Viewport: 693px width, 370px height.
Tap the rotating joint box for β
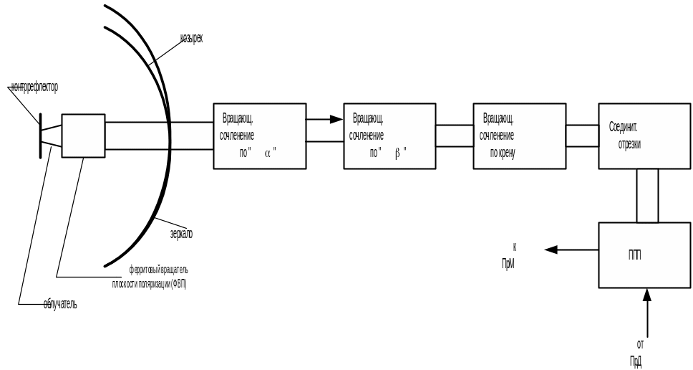pyautogui.click(x=389, y=136)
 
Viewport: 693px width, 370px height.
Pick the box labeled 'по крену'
pyautogui.click(x=520, y=136)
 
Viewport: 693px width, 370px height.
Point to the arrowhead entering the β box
pyautogui.click(x=336, y=120)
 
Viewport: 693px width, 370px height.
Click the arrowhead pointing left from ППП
pyautogui.click(x=550, y=250)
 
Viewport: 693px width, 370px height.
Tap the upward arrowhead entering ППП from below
pyautogui.click(x=646, y=295)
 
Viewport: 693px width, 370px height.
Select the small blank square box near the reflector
pyautogui.click(x=83, y=135)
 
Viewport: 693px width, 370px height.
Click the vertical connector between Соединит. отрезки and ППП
pyautogui.click(x=647, y=195)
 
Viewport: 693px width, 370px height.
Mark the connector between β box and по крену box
pyautogui.click(x=455, y=136)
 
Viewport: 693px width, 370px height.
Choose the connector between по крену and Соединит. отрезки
pyautogui.click(x=582, y=136)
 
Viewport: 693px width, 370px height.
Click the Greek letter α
pyautogui.click(x=267, y=152)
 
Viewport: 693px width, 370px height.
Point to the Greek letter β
pyautogui.click(x=397, y=152)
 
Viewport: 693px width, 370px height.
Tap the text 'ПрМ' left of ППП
pyautogui.click(x=508, y=264)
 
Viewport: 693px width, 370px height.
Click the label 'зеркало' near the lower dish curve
pyautogui.click(x=182, y=234)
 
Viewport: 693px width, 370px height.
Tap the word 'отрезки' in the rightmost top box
pyautogui.click(x=630, y=143)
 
